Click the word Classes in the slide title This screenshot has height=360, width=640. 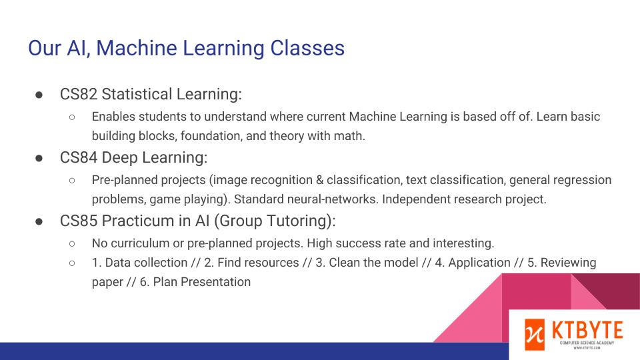coord(307,48)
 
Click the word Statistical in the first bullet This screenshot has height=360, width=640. coord(137,94)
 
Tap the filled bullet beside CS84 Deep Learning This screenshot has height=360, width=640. coord(39,159)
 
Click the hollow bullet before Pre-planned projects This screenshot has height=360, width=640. coord(72,180)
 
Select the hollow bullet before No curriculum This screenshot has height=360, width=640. coord(72,244)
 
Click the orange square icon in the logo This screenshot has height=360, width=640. coord(535,335)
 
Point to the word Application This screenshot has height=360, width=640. coord(479,263)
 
